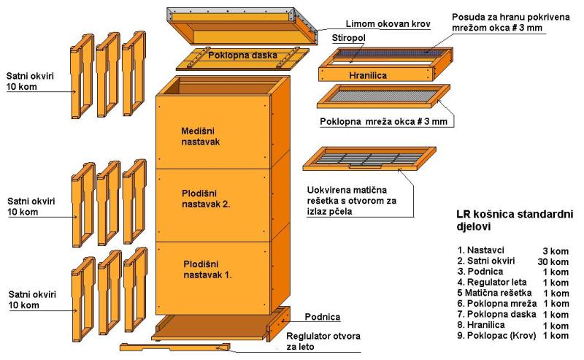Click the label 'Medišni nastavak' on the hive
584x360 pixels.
click(200, 137)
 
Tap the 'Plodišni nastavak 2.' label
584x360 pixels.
click(206, 199)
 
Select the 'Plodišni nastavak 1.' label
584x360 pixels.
click(207, 269)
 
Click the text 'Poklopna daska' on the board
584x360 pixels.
click(242, 55)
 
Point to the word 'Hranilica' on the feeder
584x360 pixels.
click(368, 75)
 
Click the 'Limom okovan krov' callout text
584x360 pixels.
click(388, 24)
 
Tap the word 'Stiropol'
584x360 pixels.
click(349, 38)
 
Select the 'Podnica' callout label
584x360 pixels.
click(323, 317)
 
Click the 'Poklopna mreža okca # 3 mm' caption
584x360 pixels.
click(384, 122)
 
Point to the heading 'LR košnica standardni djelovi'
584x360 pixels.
click(515, 221)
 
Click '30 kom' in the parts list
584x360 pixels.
click(553, 262)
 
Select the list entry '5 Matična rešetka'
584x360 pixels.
click(494, 293)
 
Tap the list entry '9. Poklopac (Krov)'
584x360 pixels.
click(496, 335)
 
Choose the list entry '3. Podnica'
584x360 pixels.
click(480, 272)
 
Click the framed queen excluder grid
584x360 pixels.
click(369, 158)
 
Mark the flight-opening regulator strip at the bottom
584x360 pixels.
click(175, 348)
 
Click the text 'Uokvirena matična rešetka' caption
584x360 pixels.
click(352, 201)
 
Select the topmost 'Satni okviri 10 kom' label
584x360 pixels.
click(30, 82)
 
